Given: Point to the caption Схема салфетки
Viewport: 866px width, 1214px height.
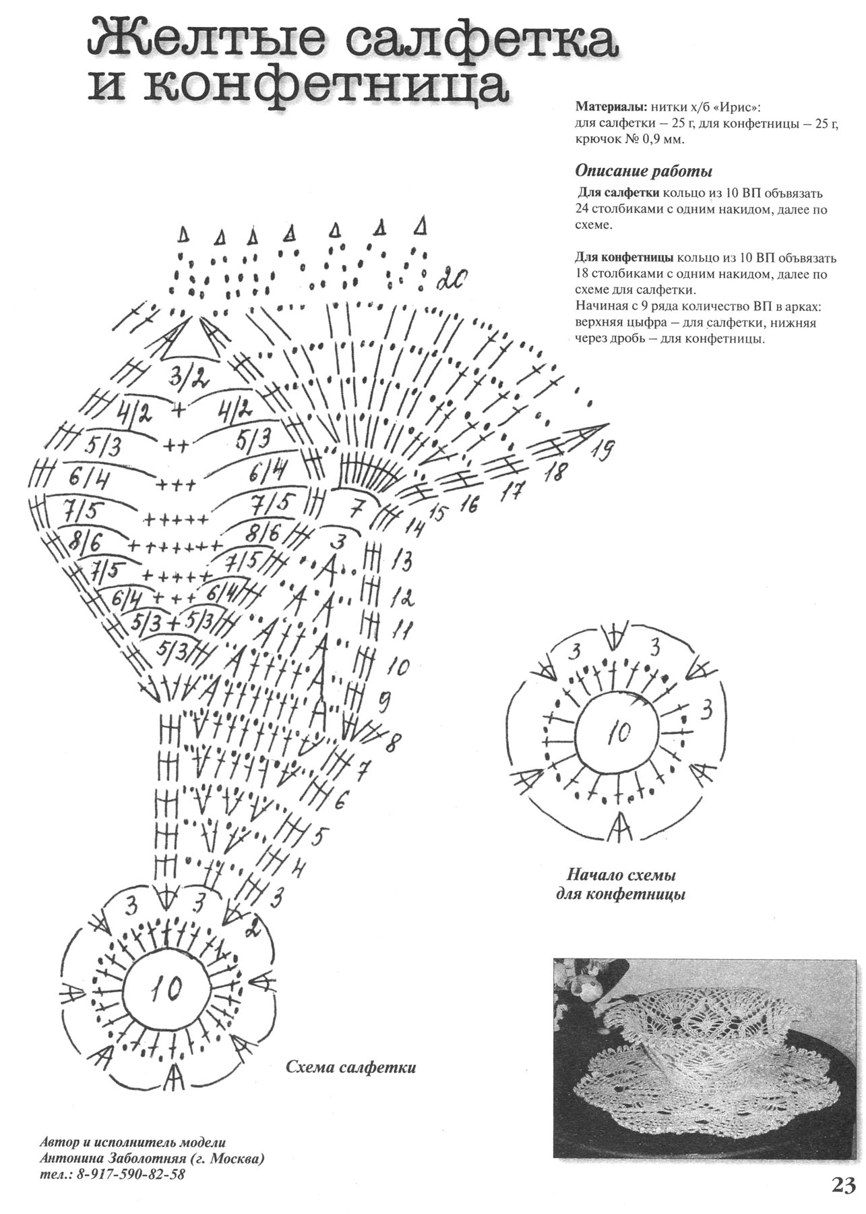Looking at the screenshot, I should (351, 1068).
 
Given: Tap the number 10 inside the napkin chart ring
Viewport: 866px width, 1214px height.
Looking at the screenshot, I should (166, 989).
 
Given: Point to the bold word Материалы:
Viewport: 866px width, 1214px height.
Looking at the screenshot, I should (611, 107).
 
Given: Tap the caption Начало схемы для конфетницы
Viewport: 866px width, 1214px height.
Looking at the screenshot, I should (621, 885).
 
